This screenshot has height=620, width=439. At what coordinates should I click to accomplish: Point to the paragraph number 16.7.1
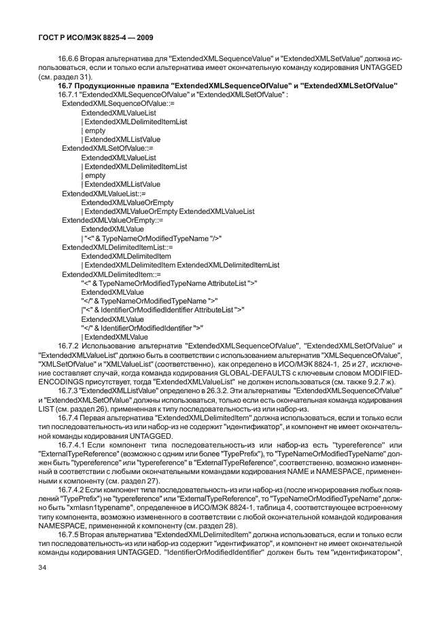70,94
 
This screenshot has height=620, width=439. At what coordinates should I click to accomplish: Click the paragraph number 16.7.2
70,346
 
